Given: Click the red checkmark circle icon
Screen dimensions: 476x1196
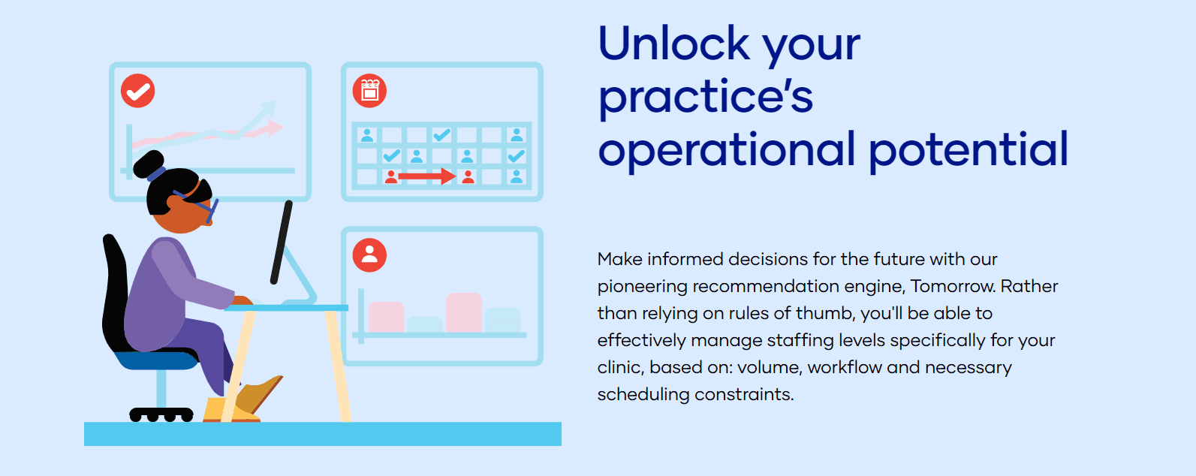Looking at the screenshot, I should point(138,91).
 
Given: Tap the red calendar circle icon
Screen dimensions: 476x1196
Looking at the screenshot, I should point(369,91).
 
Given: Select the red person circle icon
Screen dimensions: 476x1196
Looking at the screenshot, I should point(369,255).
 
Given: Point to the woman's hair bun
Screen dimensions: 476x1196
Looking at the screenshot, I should point(147,164).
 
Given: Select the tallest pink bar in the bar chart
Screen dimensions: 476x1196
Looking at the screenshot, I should point(463,312).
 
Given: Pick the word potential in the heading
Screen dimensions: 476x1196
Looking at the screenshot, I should point(969,149).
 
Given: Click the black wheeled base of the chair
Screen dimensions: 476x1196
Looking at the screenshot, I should point(161,414).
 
